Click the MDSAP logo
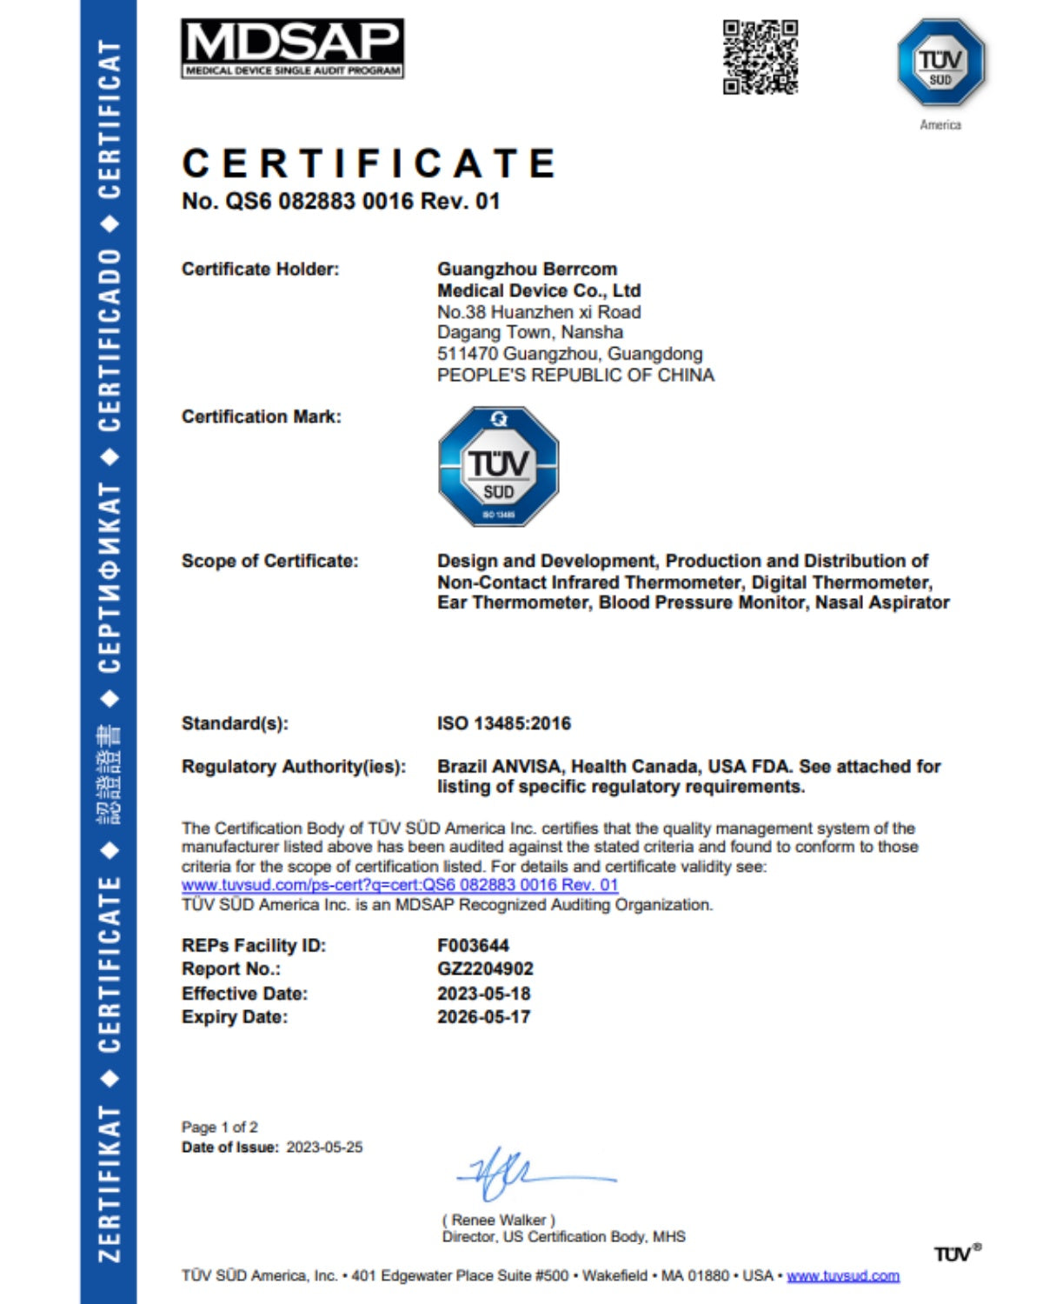click(x=292, y=49)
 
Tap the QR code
click(x=761, y=57)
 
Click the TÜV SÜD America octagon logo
click(x=940, y=63)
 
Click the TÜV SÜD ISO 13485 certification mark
click(x=498, y=466)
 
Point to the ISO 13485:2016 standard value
click(x=504, y=723)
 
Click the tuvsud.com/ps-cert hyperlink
click(x=400, y=885)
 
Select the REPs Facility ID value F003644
click(x=473, y=946)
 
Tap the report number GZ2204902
click(x=485, y=969)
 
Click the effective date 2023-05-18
click(x=483, y=994)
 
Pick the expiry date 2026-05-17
click(x=483, y=1017)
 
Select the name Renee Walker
click(x=499, y=1220)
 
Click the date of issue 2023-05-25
click(x=324, y=1148)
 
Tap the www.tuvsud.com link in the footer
click(x=842, y=1276)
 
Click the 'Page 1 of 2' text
click(x=219, y=1128)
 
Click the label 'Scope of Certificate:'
click(x=269, y=562)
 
